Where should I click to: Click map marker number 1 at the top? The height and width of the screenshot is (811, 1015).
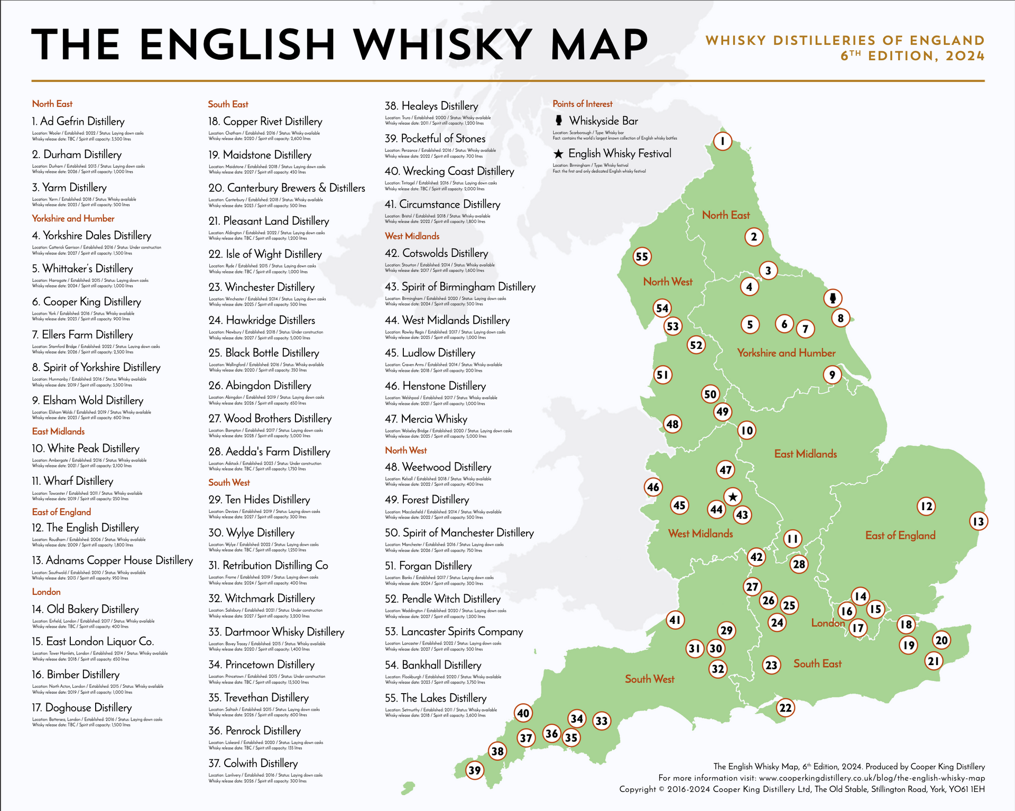pos(723,141)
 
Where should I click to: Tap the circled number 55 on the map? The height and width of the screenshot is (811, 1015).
pos(642,257)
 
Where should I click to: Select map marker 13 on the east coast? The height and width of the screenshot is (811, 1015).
pos(979,522)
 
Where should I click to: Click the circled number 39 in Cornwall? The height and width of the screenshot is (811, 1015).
pos(475,770)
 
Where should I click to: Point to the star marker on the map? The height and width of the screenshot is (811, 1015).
pos(733,497)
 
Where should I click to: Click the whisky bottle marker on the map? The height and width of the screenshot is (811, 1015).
pos(833,298)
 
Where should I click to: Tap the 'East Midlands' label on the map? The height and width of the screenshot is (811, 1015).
pos(805,454)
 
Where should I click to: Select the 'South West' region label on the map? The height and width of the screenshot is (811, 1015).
pos(649,679)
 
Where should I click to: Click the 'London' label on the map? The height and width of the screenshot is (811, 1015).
pos(828,623)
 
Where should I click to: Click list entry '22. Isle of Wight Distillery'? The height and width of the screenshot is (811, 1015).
pos(265,254)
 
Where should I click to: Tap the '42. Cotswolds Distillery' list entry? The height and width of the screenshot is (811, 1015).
pos(436,253)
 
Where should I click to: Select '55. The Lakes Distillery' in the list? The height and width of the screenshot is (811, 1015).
pos(436,698)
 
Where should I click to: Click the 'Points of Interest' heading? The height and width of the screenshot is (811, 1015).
pos(582,104)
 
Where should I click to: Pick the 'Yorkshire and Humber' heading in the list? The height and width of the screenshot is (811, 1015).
pos(73,218)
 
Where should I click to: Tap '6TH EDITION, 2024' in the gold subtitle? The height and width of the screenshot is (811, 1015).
pos(912,56)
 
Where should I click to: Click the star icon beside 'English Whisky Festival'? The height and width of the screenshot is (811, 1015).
pos(558,154)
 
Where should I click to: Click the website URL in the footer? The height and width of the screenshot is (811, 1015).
pos(872,778)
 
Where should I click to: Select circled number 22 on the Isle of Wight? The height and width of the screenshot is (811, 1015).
pos(786,707)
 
